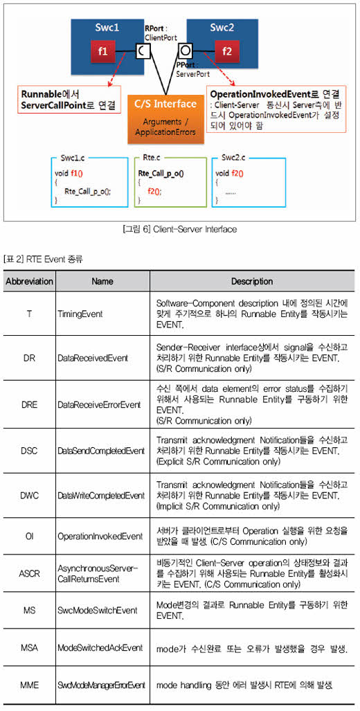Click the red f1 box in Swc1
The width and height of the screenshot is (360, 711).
(103, 51)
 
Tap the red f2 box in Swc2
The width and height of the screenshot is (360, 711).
(227, 51)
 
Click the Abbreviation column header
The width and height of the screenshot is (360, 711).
(30, 281)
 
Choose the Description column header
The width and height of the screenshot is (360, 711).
(252, 281)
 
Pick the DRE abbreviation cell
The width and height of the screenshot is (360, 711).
(30, 404)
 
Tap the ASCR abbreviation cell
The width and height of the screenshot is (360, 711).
(30, 574)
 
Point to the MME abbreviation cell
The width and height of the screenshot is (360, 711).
(30, 685)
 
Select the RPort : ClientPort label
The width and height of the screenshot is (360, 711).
(161, 34)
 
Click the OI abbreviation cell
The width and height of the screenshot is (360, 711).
(30, 537)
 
